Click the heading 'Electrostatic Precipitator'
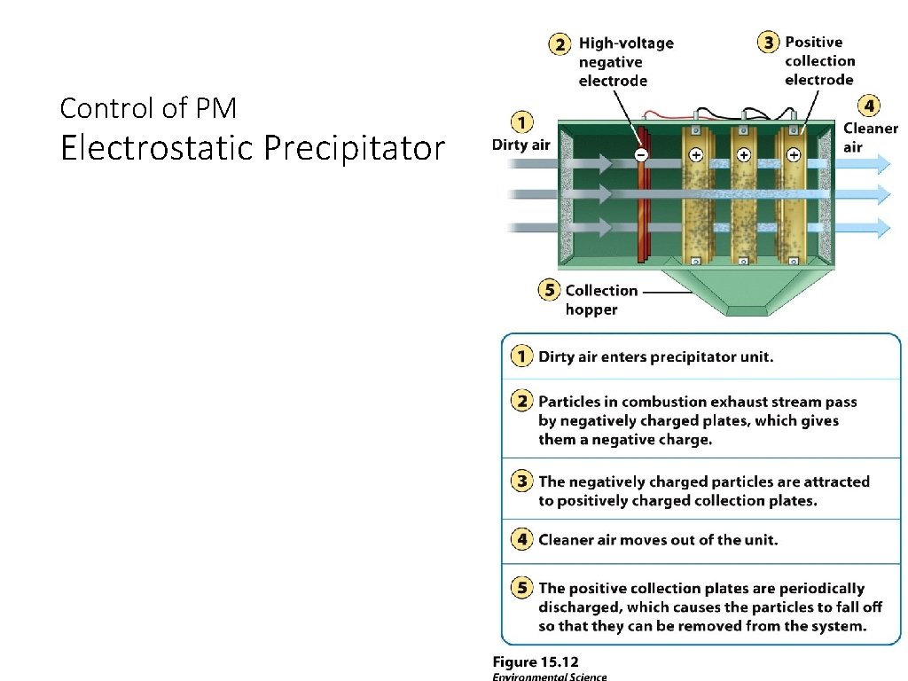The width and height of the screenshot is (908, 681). [x=252, y=148]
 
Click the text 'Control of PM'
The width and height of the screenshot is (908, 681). [x=148, y=108]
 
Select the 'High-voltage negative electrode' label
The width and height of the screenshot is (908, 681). [x=625, y=61]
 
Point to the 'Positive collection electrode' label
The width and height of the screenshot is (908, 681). [x=819, y=60]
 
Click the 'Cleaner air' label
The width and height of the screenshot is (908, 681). [x=870, y=137]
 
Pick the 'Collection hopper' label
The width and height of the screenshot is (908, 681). [x=600, y=300]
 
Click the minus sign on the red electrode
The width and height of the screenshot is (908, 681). [x=642, y=154]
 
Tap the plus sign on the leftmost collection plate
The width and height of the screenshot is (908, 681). [x=695, y=154]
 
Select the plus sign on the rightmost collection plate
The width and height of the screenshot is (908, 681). [x=794, y=154]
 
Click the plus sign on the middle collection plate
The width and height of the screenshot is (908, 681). [x=743, y=154]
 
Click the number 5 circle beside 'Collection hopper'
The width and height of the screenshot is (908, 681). [x=550, y=290]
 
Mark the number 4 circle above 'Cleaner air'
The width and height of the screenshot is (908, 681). [x=870, y=106]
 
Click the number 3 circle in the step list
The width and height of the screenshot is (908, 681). [x=521, y=481]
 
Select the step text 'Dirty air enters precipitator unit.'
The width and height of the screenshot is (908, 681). [x=656, y=357]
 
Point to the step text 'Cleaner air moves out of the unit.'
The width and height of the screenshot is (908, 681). [x=658, y=539]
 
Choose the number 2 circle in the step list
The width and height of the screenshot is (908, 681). [x=521, y=402]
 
